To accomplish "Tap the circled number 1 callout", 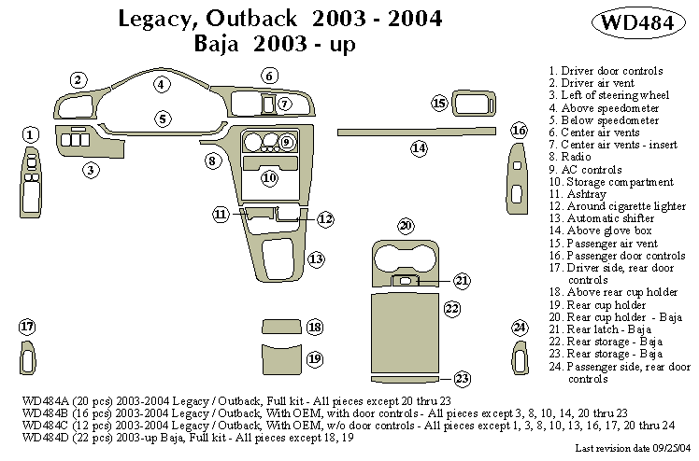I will click(31, 135).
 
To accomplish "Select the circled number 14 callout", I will click(419, 148).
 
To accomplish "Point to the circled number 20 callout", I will click(406, 226).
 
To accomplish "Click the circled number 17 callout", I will click(27, 327).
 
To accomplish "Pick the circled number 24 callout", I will click(520, 327).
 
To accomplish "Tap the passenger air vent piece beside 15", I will click(474, 102).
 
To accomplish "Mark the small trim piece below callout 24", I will click(520, 359).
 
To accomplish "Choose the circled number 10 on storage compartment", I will click(269, 177).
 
